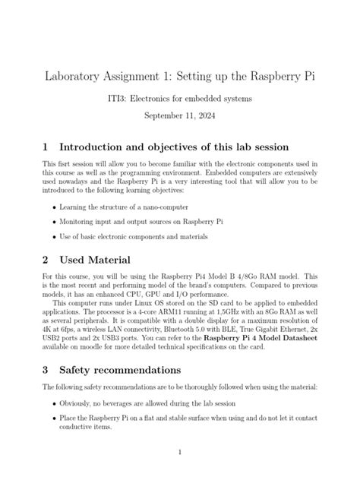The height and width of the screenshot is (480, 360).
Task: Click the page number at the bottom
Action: pos(180,453)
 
